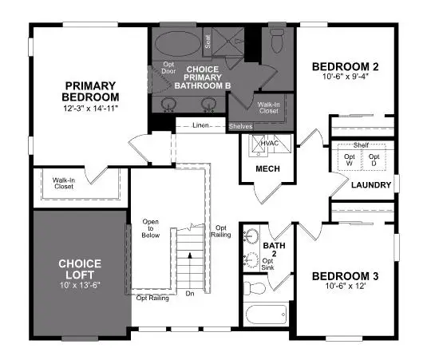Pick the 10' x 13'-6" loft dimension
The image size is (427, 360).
79,285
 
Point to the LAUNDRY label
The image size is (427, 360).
371,185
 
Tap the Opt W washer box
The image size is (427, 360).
349,160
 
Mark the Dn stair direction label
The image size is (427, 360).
189,294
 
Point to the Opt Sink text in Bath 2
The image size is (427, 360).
270,265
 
